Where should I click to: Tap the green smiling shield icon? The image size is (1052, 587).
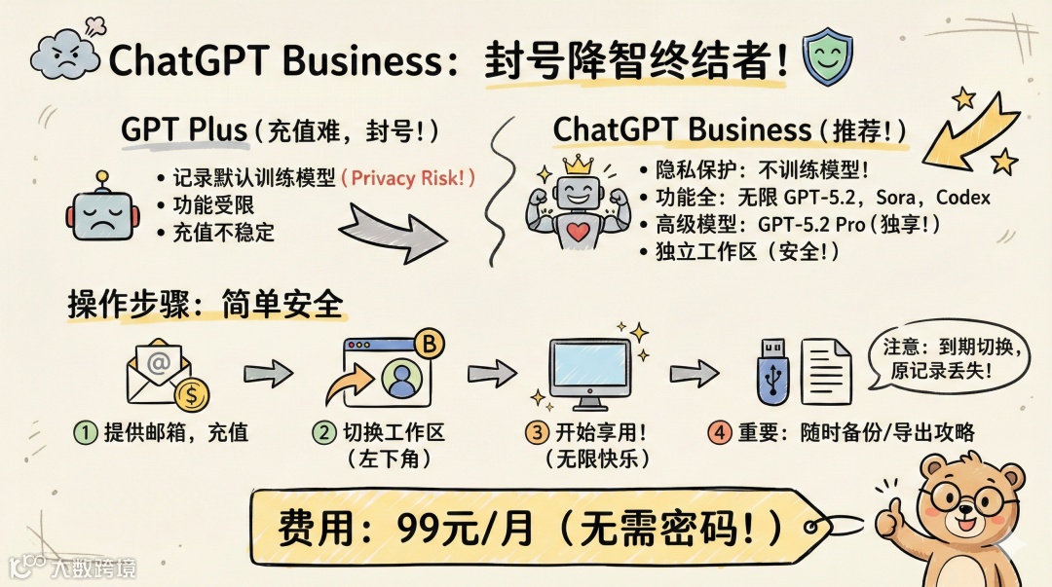click(826, 58)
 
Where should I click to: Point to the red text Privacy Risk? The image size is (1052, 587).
click(413, 178)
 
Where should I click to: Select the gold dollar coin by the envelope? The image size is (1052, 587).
click(193, 395)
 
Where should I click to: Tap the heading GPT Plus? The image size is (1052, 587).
click(184, 130)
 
